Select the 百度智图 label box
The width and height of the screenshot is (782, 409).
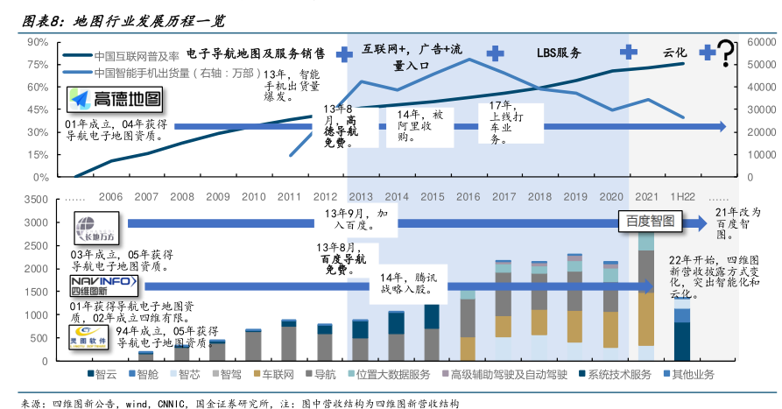pos(650,222)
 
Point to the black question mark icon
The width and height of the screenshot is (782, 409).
pos(726,53)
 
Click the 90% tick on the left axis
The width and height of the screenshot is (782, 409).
pos(38,42)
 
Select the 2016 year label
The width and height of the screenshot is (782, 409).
pos(468,197)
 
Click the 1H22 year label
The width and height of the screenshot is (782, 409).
pos(682,197)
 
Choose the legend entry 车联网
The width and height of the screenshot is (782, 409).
pos(278,375)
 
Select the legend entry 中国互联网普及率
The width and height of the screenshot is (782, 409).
pos(137,54)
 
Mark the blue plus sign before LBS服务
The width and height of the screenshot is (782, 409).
pos(496,53)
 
